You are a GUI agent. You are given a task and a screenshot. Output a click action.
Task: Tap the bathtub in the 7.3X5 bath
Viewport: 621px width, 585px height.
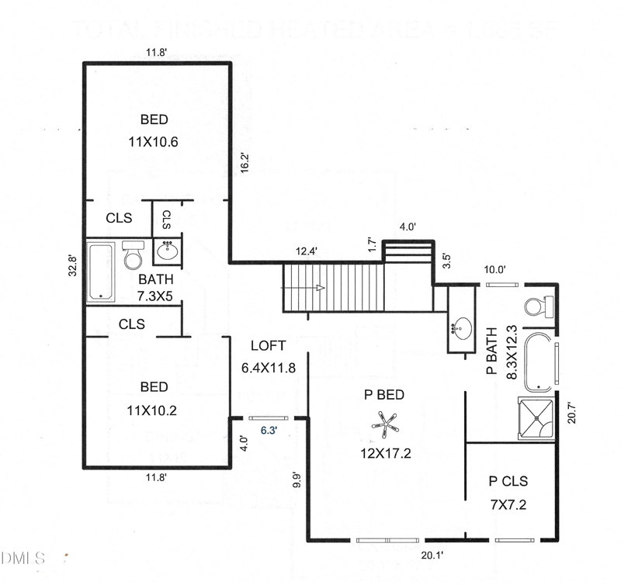point(99,272)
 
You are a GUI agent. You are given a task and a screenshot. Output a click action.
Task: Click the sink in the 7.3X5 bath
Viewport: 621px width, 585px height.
point(168,251)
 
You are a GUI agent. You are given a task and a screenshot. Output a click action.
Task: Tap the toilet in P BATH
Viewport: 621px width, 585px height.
point(536,305)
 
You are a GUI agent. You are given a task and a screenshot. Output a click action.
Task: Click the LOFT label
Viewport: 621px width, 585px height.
point(269,346)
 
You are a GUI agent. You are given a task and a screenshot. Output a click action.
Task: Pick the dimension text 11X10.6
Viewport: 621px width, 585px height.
point(154,142)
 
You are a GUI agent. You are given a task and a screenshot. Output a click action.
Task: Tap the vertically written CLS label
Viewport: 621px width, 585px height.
point(166,220)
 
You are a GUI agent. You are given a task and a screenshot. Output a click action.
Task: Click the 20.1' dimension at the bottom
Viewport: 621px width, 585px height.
point(432,556)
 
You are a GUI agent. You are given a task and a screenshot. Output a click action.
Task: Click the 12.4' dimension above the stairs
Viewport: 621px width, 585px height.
point(307,251)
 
